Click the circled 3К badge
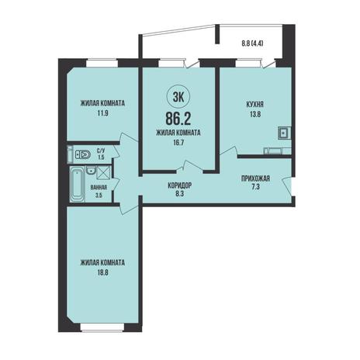[178, 97]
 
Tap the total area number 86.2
[178, 119]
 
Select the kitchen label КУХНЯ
[255, 105]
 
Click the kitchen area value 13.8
[255, 114]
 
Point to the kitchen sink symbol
[284, 133]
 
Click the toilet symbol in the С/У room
[83, 154]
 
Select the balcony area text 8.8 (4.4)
[252, 43]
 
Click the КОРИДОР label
[179, 185]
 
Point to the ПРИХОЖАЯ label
[255, 178]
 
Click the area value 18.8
[102, 272]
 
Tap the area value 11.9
[102, 112]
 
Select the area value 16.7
[178, 142]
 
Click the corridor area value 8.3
[179, 193]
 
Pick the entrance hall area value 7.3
[255, 187]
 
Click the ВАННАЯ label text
[99, 188]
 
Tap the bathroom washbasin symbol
[91, 171]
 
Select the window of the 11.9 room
[102, 63]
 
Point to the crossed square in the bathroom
[104, 172]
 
